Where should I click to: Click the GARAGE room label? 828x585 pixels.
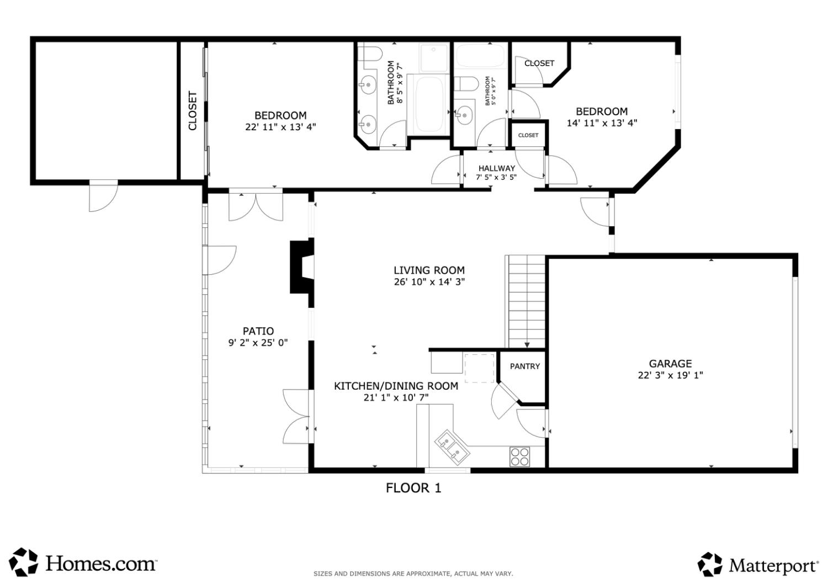pos(670,364)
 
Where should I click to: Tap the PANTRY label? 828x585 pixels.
pos(524,366)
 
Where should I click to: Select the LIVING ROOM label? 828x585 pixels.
pos(429,270)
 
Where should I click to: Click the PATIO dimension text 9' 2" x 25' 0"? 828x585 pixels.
pos(258,343)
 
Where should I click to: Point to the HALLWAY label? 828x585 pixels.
pos(496,168)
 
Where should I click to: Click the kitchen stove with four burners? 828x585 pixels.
pos(519,457)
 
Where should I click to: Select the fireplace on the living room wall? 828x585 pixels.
pos(302,267)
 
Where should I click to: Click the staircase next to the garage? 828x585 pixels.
pos(526,301)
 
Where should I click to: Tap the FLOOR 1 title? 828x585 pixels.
pos(413,488)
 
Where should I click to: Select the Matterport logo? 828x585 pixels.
pos(758,565)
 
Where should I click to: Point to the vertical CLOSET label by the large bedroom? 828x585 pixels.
pos(193,110)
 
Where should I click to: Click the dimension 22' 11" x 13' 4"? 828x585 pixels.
pos(280,127)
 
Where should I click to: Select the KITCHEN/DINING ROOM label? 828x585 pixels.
pos(396,386)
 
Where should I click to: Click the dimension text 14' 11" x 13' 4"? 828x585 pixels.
pos(602,123)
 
